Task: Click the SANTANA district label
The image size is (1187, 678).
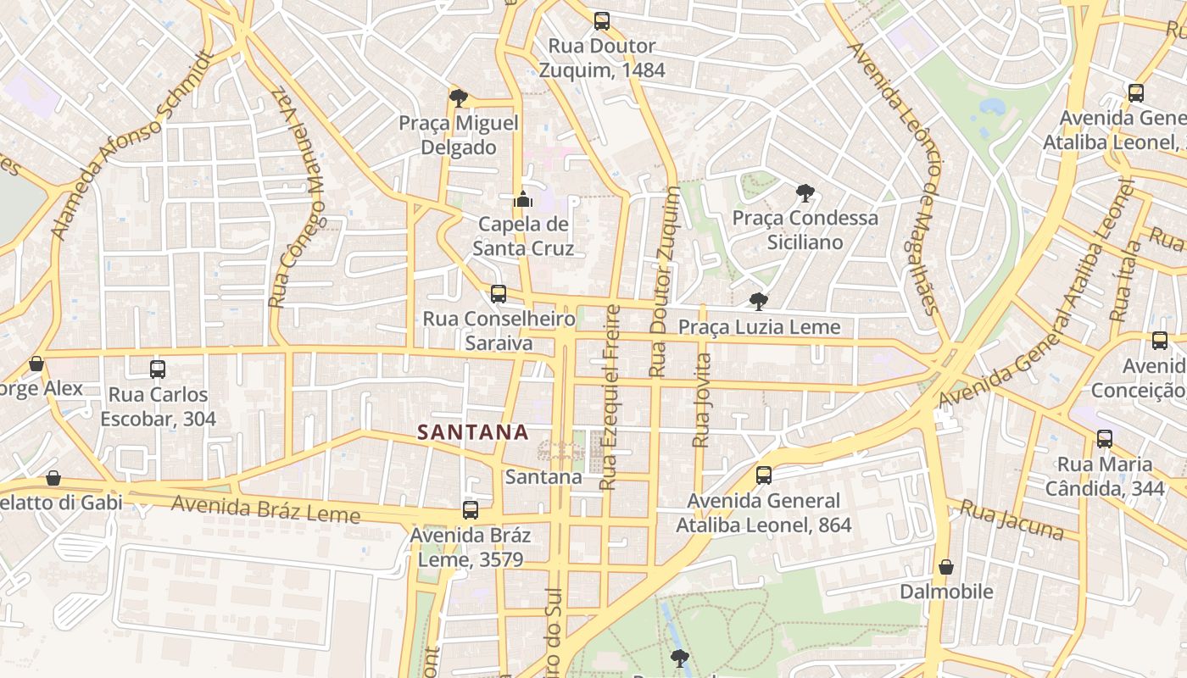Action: click(473, 432)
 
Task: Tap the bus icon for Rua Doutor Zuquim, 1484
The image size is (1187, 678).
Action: click(602, 21)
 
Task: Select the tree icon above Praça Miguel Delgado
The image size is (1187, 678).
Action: click(459, 98)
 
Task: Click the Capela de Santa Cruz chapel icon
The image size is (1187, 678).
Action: click(523, 200)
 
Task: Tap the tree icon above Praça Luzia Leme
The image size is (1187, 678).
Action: click(759, 302)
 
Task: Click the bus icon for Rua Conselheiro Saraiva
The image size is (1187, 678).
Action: click(499, 294)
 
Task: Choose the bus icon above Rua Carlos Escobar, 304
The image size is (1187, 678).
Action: click(158, 370)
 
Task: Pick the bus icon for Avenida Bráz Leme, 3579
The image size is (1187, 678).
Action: click(471, 510)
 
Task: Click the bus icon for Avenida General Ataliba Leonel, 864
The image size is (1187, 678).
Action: click(764, 475)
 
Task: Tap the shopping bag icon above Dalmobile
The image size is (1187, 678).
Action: click(946, 567)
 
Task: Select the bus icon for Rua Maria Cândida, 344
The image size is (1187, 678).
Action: click(1105, 439)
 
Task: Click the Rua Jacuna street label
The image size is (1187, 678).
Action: click(1012, 520)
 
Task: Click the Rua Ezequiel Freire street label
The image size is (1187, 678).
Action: click(610, 397)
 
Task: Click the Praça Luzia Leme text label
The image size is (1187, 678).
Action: click(759, 327)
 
